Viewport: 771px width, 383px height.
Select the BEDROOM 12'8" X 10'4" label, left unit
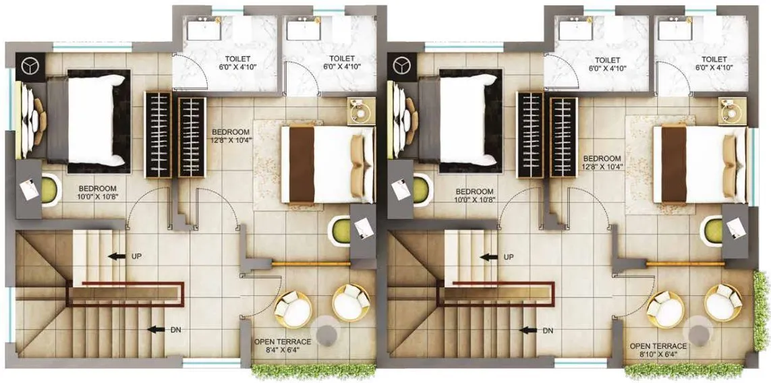pos(231,136)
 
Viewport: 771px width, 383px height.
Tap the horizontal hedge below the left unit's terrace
pos(313,370)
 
